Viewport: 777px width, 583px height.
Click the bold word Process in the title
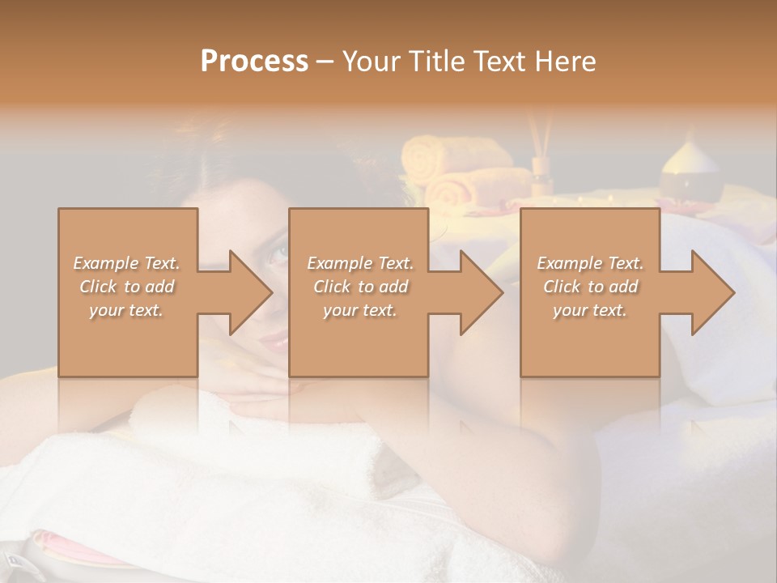[254, 62]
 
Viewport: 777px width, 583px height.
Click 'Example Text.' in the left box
[127, 263]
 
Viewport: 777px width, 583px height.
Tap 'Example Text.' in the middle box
[360, 263]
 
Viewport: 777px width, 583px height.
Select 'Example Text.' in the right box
[590, 263]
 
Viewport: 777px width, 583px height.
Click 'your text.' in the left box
[127, 310]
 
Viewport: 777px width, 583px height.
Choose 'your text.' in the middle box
[360, 310]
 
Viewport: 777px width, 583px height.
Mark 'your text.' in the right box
[590, 310]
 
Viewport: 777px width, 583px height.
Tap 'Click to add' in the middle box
[360, 287]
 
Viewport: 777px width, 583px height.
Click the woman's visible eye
[278, 253]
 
